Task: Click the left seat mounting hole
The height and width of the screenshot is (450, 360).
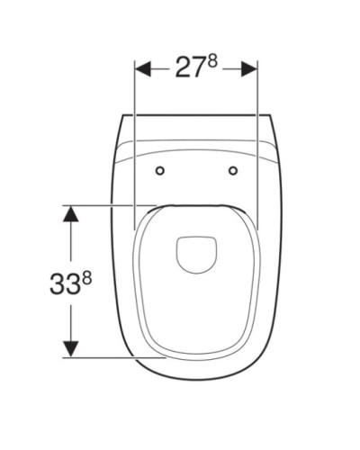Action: (160, 171)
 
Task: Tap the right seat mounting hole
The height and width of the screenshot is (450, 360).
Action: (233, 171)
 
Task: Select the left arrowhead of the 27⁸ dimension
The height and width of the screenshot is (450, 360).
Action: (143, 69)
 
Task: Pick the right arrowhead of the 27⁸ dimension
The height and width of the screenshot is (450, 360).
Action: (249, 69)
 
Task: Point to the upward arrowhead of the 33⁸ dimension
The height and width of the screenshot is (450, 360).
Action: (71, 213)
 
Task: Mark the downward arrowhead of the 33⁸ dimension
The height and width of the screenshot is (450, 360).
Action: (71, 349)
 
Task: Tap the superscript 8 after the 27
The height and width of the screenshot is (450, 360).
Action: (211, 62)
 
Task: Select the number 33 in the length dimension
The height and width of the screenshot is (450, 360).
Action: (62, 284)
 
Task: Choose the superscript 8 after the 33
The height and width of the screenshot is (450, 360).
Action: (86, 280)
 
